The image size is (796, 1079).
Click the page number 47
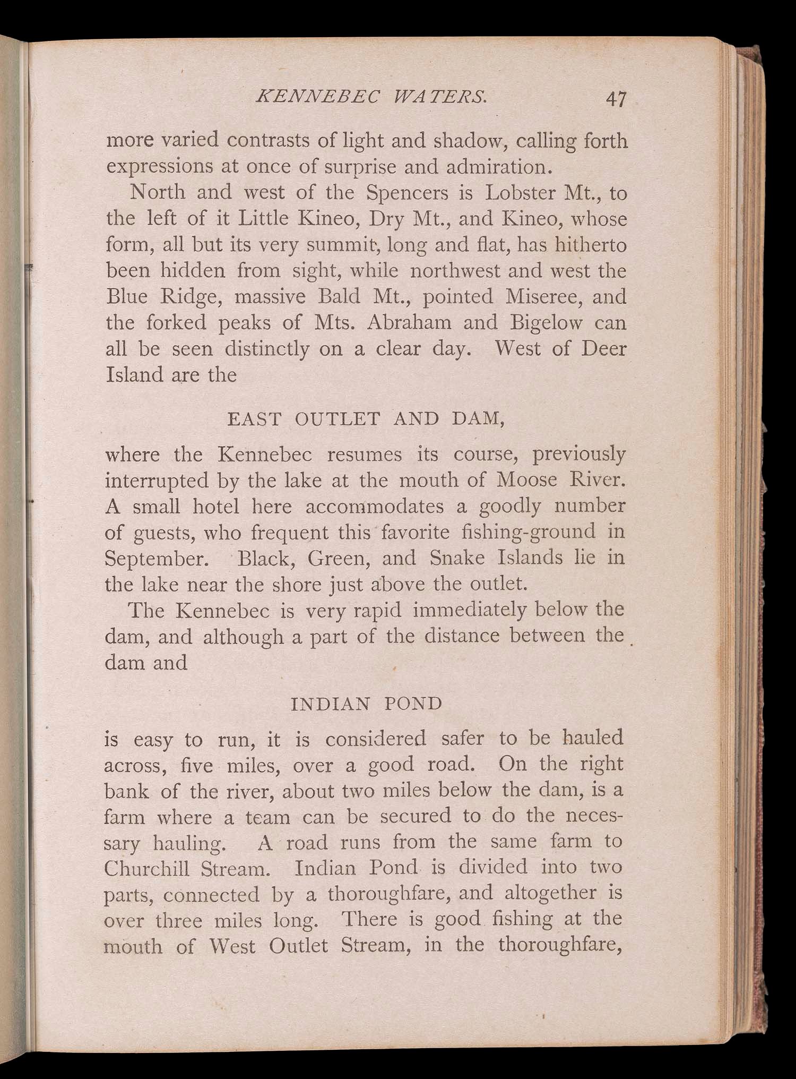click(616, 99)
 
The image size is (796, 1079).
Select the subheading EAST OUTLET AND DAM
click(365, 419)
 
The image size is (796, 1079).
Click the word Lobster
click(520, 193)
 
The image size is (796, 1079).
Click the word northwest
click(456, 271)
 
